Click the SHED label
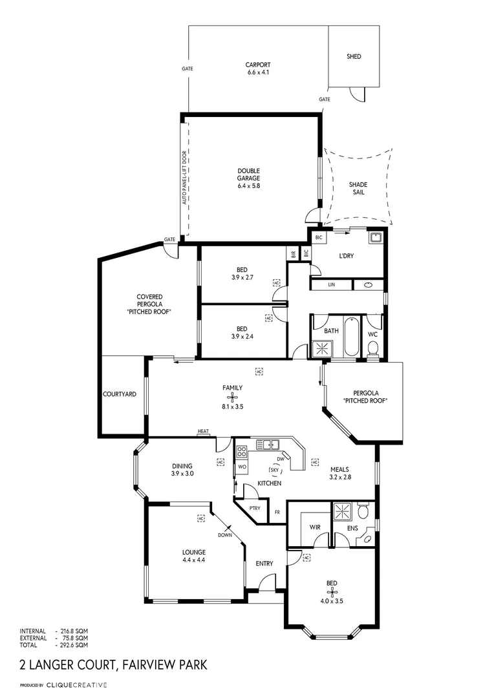coord(354,57)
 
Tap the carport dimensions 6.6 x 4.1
coord(257,72)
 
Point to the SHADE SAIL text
coord(358,188)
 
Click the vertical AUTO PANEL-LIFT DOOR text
coord(184,178)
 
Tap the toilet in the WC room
coord(372,349)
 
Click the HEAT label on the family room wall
coord(204,431)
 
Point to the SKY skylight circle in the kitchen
coord(274,470)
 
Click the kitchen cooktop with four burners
coord(241,451)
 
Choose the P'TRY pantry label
coord(255,508)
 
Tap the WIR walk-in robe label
coord(315,527)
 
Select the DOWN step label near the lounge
coord(224,534)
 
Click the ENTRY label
coord(264,564)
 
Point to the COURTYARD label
coord(120,394)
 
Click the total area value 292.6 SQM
coord(72,645)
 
